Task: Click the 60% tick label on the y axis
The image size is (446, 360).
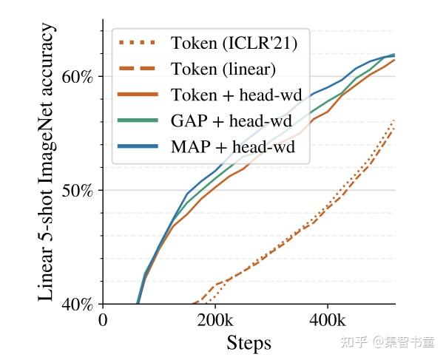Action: pos(77,77)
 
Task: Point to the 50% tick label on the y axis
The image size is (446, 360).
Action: pos(77,191)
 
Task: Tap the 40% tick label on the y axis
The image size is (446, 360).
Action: pos(77,305)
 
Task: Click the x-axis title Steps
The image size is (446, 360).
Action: pos(249,343)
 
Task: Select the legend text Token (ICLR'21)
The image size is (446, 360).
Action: pos(234,44)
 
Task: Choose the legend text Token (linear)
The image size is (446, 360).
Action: pos(223,69)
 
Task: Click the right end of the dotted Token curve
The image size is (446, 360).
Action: pos(393,120)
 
